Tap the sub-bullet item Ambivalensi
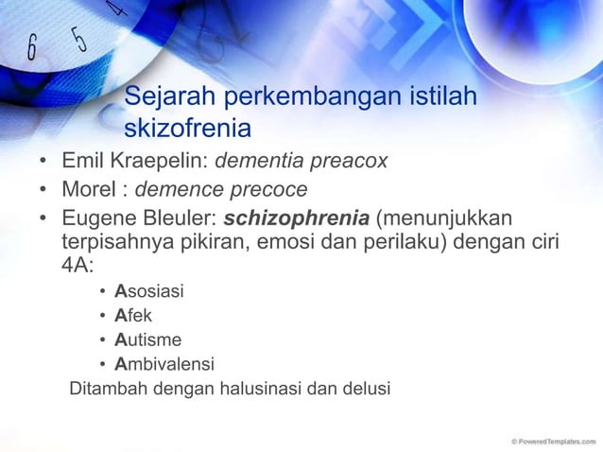click(164, 364)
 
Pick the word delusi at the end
click(367, 389)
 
